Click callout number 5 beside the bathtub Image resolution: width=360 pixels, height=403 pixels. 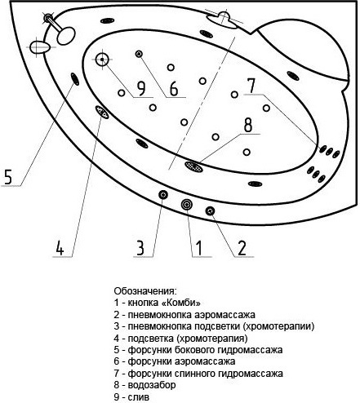(x=8, y=176)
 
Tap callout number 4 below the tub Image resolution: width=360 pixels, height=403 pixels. (x=60, y=247)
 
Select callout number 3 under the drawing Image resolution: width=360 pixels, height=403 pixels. (x=140, y=247)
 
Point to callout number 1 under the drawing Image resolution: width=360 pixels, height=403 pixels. (x=199, y=248)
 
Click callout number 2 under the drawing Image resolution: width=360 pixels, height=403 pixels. (x=242, y=248)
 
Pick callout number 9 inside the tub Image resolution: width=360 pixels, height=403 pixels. (x=141, y=89)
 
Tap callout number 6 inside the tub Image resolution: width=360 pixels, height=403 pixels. (x=174, y=89)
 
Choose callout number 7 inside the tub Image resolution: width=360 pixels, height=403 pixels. (x=251, y=86)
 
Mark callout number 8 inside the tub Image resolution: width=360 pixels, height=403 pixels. (x=248, y=125)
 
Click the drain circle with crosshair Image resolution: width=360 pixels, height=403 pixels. (x=102, y=60)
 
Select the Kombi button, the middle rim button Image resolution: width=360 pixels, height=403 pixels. (x=187, y=204)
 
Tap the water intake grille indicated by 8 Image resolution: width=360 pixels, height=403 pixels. (x=193, y=166)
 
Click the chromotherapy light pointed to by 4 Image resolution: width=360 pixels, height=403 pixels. (x=102, y=112)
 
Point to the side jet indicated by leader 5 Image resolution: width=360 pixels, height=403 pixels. (x=75, y=79)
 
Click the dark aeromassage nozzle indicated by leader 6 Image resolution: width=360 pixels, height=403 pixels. (x=139, y=54)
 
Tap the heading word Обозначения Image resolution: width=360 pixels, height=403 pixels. (x=145, y=291)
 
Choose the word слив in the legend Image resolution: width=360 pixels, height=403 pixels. (x=139, y=397)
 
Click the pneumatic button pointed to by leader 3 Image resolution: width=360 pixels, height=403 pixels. (x=163, y=195)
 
